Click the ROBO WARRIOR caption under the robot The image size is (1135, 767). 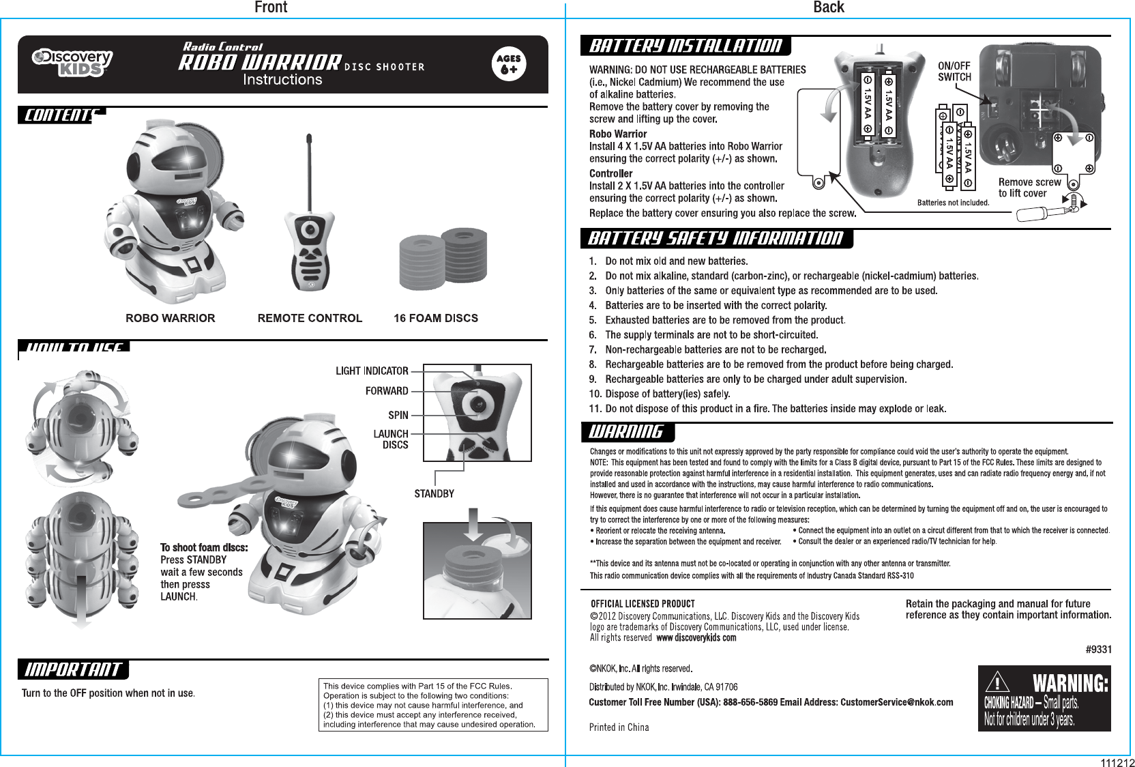pos(171,318)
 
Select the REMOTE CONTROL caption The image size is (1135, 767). pos(310,318)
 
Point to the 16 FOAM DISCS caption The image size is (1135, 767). pos(436,318)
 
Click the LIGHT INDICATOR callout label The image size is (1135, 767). pos(372,371)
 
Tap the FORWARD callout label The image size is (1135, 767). pos(387,391)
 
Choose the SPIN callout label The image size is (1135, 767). pos(398,415)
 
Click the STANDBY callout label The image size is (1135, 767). pos(434,493)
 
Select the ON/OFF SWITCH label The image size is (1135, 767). pos(954,72)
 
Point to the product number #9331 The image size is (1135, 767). pos(1098,650)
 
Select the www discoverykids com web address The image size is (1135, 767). pos(696,638)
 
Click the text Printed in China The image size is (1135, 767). pos(619,727)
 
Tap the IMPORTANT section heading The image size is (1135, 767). pos(73,670)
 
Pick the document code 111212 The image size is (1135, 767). pos(1116,762)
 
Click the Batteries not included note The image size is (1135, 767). pos(953,203)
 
